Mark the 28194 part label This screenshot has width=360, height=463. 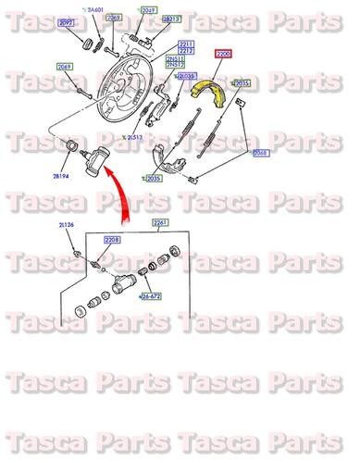point(63,173)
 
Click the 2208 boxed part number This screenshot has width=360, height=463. point(112,240)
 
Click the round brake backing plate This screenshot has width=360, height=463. point(129,83)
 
